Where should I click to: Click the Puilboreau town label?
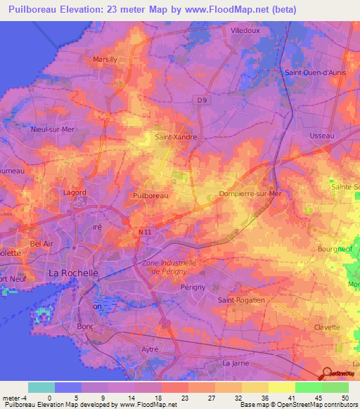[150, 196]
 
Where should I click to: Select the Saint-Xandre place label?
[175, 138]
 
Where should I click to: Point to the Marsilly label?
[110, 60]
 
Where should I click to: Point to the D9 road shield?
[202, 100]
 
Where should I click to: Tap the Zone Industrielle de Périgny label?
[169, 267]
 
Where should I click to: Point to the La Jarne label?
[236, 363]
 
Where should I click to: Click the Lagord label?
[74, 192]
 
